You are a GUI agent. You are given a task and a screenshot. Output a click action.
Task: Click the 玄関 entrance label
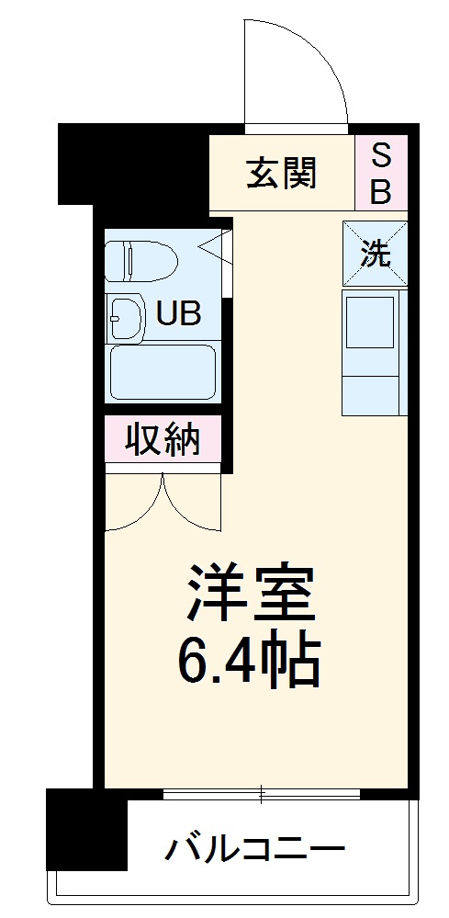click(281, 172)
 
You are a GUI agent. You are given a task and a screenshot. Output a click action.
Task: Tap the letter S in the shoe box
click(380, 157)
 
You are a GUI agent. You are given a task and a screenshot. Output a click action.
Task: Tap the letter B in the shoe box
click(380, 190)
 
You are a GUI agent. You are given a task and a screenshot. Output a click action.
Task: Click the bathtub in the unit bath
click(162, 371)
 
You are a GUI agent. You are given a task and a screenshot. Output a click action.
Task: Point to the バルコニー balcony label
click(255, 848)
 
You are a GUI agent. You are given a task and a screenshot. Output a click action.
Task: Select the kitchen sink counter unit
click(374, 352)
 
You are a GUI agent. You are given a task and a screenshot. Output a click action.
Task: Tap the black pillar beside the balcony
click(86, 829)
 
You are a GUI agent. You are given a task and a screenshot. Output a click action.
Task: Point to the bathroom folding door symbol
click(219, 249)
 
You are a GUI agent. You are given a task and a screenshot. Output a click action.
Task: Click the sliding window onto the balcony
click(262, 791)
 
